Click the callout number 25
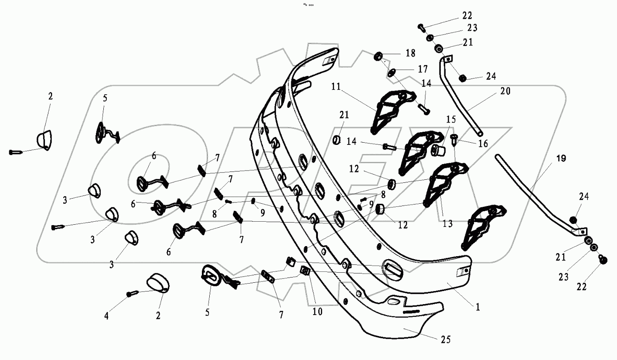(446, 339)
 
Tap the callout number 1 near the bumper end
(477, 307)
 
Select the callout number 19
(561, 159)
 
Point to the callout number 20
(505, 92)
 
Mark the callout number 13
(447, 224)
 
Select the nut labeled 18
(378, 56)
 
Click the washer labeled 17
(392, 72)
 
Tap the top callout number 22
(467, 16)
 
